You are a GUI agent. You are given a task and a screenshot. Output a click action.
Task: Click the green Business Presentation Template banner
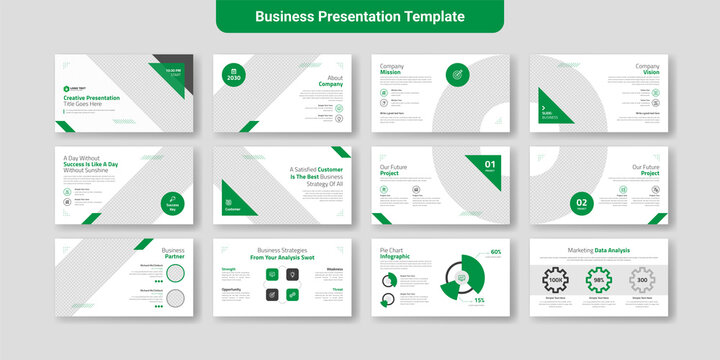[x=359, y=17]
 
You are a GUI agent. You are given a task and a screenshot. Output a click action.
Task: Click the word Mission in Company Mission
[x=390, y=73]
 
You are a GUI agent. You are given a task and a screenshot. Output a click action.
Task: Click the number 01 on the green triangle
[x=490, y=164]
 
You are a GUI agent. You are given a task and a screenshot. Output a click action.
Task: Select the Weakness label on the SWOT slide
[x=334, y=269]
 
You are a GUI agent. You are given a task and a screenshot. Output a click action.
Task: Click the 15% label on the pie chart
[x=479, y=300]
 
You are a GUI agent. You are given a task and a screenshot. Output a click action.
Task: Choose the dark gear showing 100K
[x=556, y=280]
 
